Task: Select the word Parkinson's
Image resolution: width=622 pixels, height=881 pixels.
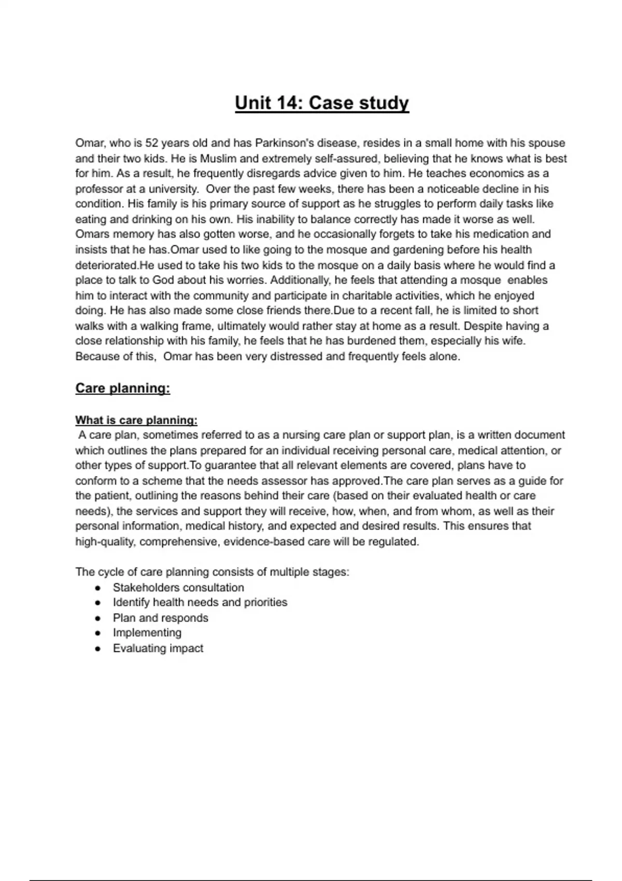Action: tap(284, 143)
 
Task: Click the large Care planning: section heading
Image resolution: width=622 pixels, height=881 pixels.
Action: tap(122, 388)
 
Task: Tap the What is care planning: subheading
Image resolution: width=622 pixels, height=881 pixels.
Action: tap(136, 420)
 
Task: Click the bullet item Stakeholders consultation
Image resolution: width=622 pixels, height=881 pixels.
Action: tap(178, 588)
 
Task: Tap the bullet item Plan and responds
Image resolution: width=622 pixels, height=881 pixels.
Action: tap(160, 618)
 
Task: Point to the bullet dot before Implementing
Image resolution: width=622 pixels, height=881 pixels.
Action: tap(97, 633)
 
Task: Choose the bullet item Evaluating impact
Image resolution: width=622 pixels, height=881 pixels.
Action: tap(158, 648)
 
